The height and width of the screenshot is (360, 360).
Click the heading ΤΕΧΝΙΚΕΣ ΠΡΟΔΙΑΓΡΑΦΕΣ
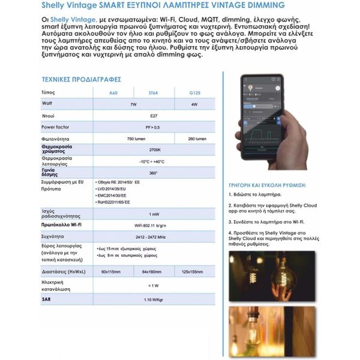tap(82, 79)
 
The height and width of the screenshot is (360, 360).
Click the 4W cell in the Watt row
tap(194, 104)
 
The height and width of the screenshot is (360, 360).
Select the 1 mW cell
tap(154, 214)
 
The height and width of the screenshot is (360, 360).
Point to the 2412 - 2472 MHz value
tap(154, 236)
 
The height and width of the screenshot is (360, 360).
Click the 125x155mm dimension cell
tap(194, 272)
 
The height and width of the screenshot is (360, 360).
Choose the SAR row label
tap(46, 299)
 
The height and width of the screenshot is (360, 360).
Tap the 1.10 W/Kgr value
tap(154, 299)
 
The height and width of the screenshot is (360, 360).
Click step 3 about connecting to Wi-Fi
tap(266, 221)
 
